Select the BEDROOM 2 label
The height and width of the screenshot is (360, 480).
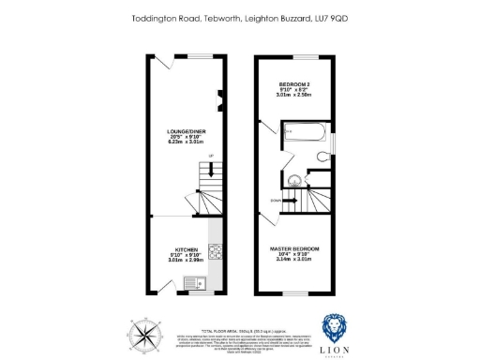click(x=292, y=82)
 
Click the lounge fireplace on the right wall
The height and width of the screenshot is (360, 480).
click(x=221, y=97)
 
